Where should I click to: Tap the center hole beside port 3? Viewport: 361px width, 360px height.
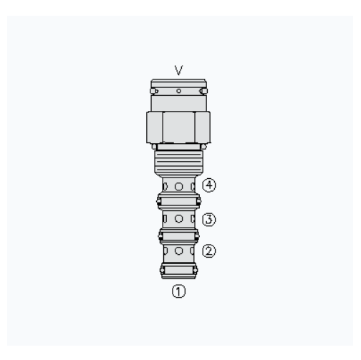pos(178,218)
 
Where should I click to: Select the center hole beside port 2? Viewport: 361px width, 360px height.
pos(178,251)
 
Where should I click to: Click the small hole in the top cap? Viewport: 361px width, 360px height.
pos(178,91)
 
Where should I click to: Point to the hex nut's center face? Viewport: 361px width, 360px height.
pos(178,127)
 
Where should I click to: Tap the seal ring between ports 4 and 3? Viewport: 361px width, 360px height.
pos(178,201)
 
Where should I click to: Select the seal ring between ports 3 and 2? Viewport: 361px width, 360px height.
pos(178,234)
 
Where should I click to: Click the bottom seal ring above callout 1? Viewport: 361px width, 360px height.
pos(178,271)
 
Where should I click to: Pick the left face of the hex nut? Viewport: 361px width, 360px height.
pos(155,127)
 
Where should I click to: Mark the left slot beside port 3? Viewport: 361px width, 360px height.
pos(165,218)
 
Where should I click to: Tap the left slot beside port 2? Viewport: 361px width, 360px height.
pos(165,251)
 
